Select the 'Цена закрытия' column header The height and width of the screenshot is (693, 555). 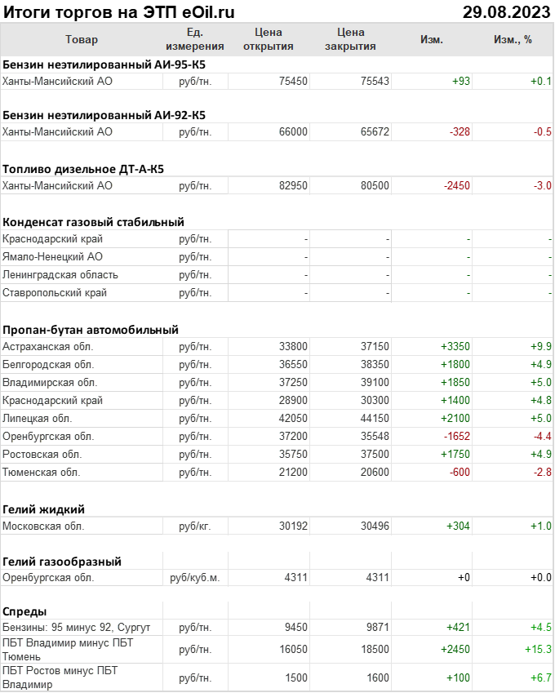(350, 39)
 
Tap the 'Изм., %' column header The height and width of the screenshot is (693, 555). (513, 39)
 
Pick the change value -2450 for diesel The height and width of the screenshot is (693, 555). (456, 185)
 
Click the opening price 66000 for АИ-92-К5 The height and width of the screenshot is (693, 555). (293, 131)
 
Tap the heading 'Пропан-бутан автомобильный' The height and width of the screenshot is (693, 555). (91, 330)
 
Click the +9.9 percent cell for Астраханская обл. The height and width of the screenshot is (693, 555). (540, 346)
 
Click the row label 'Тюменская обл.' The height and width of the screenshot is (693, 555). (42, 472)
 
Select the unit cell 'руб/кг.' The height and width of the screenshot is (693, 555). (195, 526)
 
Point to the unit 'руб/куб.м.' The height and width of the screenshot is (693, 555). (195, 578)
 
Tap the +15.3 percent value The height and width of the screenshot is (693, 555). (537, 649)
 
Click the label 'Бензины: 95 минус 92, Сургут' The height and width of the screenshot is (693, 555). (76, 627)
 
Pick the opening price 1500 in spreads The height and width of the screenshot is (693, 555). (296, 678)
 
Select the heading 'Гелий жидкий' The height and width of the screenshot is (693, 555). (44, 509)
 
